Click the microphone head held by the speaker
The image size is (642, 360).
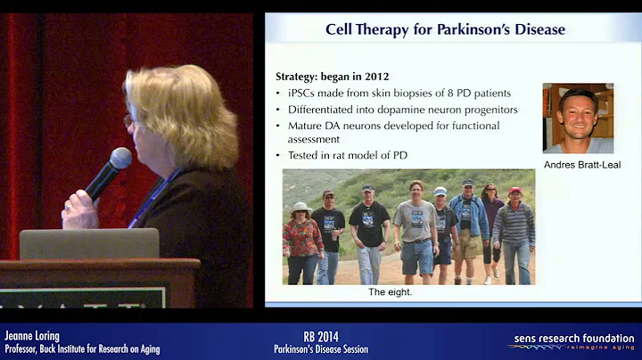click(120, 161)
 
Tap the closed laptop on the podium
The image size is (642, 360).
click(88, 244)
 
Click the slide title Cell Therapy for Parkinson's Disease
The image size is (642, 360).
click(445, 29)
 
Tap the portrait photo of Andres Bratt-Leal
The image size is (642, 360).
click(578, 118)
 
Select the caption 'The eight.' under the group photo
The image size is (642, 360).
click(390, 291)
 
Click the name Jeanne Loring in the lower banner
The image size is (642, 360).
click(32, 336)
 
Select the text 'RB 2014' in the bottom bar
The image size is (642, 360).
click(320, 336)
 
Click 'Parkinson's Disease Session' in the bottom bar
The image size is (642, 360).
click(320, 348)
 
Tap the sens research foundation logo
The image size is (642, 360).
click(571, 342)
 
